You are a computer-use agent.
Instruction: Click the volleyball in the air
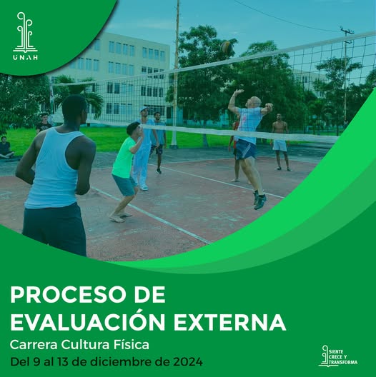227,47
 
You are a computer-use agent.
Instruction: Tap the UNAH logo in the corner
25,36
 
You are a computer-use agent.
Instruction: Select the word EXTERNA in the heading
229,322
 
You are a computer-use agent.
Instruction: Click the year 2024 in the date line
188,362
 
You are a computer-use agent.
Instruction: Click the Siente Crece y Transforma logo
337,356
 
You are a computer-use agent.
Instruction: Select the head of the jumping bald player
254,102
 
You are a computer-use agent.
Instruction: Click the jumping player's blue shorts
246,149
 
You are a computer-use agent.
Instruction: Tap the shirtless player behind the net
280,142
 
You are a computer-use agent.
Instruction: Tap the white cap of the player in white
144,109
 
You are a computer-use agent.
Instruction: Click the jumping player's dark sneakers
259,200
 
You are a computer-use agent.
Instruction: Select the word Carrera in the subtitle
34,345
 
